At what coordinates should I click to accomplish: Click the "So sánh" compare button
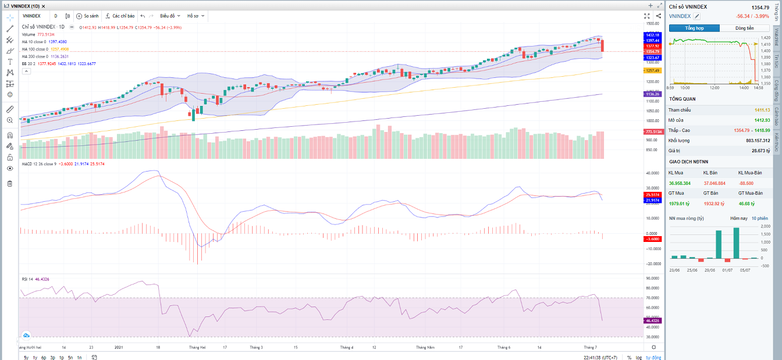click(88, 16)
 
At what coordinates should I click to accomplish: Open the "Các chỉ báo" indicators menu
click(120, 16)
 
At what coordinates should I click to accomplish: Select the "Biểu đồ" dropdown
click(170, 16)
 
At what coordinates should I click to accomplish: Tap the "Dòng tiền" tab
click(744, 28)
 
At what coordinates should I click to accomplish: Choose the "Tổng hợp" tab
click(694, 28)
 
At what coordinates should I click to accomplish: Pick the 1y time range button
click(35, 357)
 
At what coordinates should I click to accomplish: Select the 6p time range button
click(44, 357)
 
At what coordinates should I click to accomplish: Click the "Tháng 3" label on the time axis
click(256, 347)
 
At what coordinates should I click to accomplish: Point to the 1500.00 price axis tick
click(652, 24)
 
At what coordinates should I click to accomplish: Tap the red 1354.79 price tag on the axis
click(652, 52)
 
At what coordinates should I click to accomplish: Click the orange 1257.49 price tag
click(652, 70)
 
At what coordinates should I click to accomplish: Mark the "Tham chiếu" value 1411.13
click(762, 110)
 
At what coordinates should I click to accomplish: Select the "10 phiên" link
click(760, 218)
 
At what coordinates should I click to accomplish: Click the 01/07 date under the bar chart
click(727, 270)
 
